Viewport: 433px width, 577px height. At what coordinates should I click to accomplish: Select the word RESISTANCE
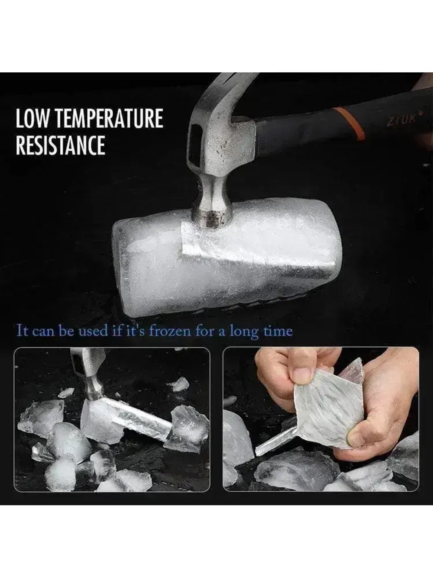click(61, 145)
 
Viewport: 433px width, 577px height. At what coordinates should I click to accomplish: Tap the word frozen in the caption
click(170, 331)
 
